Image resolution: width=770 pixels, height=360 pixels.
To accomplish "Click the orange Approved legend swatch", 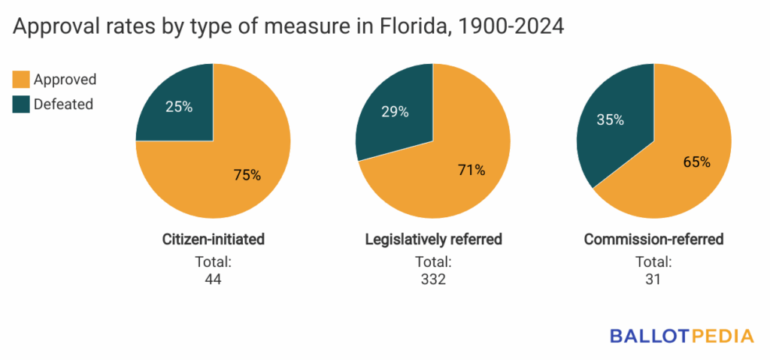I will [x=21, y=79].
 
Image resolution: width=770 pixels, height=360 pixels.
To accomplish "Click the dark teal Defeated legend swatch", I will [x=21, y=104].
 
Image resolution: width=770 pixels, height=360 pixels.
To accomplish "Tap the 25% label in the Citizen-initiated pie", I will [x=178, y=107].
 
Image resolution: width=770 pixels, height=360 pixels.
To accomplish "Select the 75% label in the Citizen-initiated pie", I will [x=246, y=175].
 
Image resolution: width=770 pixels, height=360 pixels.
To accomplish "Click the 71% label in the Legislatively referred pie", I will [x=470, y=170].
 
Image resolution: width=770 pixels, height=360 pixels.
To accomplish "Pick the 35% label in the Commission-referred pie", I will [x=609, y=120].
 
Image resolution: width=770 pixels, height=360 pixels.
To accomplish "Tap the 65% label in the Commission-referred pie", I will [x=695, y=162].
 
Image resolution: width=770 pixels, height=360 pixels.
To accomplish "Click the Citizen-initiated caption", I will [x=214, y=240].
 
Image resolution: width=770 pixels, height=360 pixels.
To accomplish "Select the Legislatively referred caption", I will [x=433, y=240].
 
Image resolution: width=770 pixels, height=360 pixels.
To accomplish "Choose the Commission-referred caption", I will [x=653, y=240].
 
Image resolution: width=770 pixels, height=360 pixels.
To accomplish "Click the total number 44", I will [x=214, y=280].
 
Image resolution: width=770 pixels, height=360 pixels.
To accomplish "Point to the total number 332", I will [x=433, y=280].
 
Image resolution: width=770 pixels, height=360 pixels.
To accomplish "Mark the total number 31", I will [x=653, y=280].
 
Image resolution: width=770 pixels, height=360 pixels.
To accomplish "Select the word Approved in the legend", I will [x=65, y=79].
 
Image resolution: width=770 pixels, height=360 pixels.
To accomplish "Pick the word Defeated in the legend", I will [x=63, y=104].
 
